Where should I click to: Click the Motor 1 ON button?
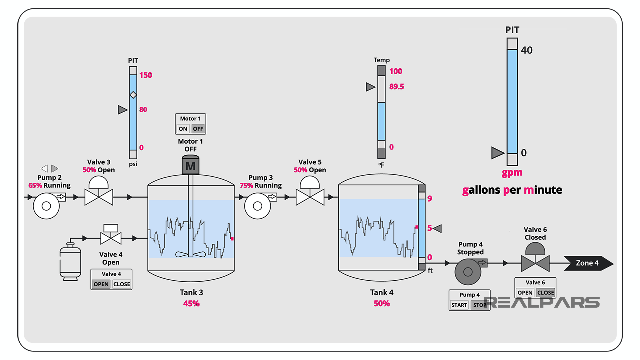point(183,129)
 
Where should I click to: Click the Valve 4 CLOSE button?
point(122,284)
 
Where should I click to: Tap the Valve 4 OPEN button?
point(101,284)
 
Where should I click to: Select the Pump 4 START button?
point(459,305)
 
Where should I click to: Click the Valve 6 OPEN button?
point(525,292)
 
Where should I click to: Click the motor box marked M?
point(190,165)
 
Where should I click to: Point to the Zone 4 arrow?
point(588,263)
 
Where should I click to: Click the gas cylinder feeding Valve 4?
point(70,262)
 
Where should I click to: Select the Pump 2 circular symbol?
point(46,206)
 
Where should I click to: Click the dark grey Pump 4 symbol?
point(468,272)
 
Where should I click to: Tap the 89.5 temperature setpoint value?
point(396,87)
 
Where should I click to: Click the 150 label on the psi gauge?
point(146,75)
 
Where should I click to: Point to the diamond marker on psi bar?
point(133,95)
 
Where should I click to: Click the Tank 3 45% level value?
point(191,303)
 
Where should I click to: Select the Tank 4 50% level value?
point(381,303)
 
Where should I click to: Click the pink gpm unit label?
point(512,173)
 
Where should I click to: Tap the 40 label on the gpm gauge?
point(527,50)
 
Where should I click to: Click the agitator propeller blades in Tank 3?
point(190,254)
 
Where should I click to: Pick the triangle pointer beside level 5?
point(437,228)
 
